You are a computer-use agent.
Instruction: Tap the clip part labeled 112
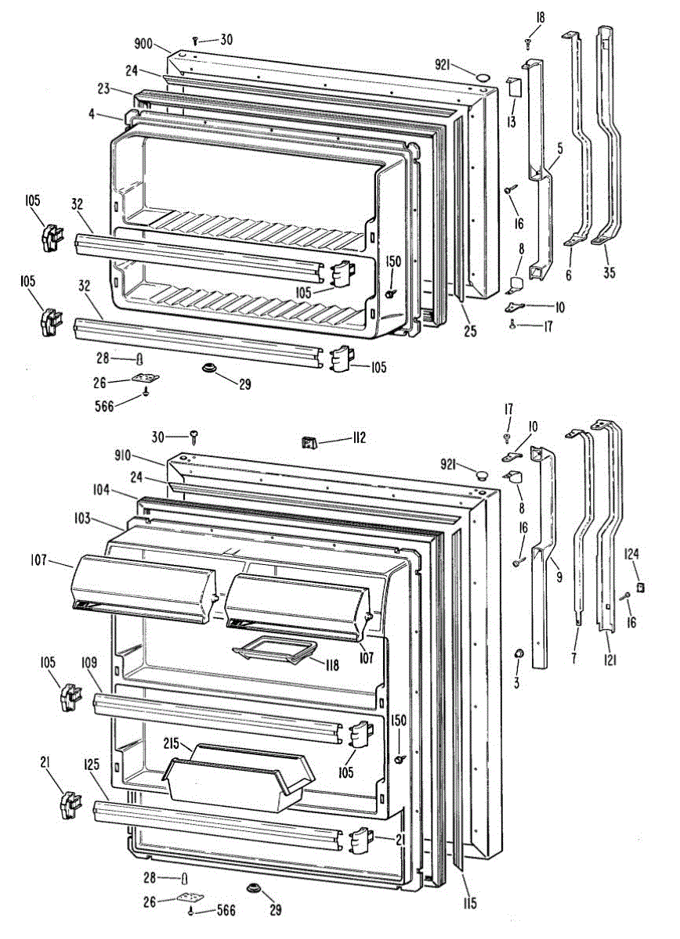coord(309,443)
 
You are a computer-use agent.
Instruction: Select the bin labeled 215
coord(235,779)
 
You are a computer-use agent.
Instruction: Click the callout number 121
coord(610,660)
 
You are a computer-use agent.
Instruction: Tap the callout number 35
coord(609,274)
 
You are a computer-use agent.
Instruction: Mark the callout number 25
coord(468,330)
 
